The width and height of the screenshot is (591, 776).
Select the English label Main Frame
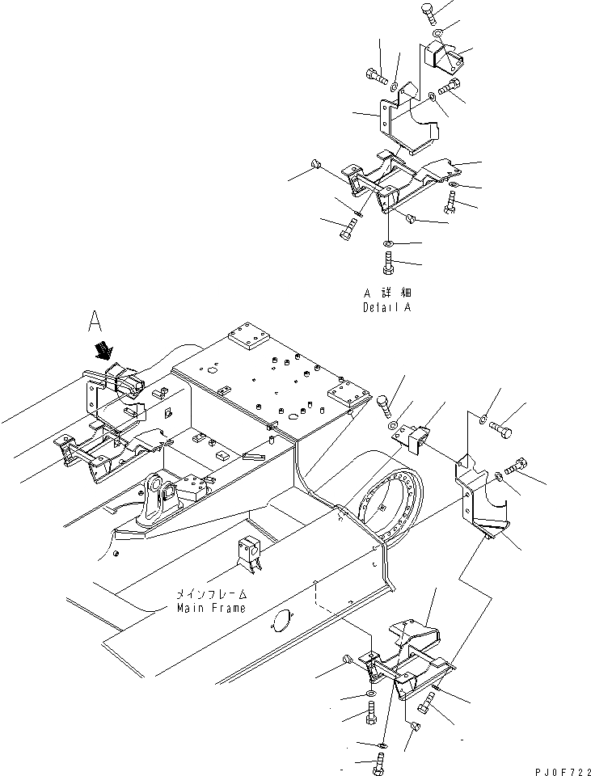tap(209, 608)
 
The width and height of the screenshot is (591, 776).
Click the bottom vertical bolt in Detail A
tap(388, 264)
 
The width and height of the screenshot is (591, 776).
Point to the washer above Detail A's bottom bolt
tap(388, 243)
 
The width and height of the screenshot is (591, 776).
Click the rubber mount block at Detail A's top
tap(446, 57)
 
